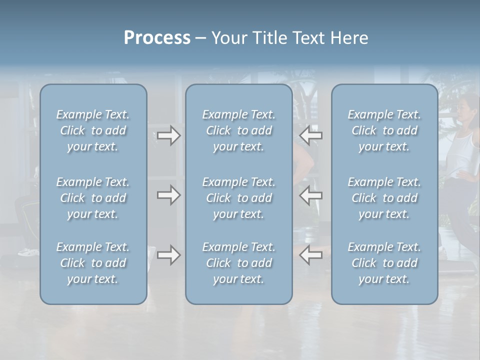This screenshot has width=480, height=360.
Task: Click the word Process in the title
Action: pyautogui.click(x=157, y=38)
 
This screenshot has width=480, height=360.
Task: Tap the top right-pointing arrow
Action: pyautogui.click(x=169, y=135)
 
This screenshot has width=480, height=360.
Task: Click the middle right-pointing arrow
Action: pyautogui.click(x=169, y=195)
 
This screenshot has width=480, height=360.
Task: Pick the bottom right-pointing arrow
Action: pyautogui.click(x=169, y=255)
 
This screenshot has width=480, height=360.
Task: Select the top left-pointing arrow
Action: pyautogui.click(x=311, y=135)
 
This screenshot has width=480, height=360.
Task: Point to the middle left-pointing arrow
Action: pyautogui.click(x=311, y=195)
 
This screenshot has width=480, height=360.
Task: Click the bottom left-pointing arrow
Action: pyautogui.click(x=311, y=255)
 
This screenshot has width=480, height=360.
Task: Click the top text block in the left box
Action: pyautogui.click(x=93, y=130)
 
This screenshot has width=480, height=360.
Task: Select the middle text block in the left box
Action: pyautogui.click(x=93, y=198)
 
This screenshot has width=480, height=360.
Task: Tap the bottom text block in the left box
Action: pyautogui.click(x=93, y=263)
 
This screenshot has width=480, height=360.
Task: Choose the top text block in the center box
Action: pyautogui.click(x=239, y=130)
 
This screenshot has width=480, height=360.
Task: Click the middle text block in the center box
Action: pyautogui.click(x=239, y=198)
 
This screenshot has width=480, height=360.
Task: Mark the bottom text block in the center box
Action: pyautogui.click(x=239, y=263)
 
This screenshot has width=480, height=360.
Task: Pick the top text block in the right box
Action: pyautogui.click(x=384, y=130)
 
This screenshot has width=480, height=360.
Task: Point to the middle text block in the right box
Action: pyautogui.click(x=384, y=198)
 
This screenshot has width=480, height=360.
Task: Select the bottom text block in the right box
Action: pyautogui.click(x=384, y=263)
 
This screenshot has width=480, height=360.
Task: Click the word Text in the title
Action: pyautogui.click(x=304, y=38)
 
